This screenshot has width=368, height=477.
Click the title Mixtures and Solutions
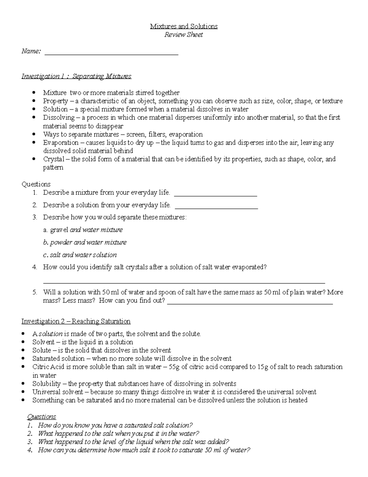click(184, 26)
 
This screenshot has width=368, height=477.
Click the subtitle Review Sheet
click(183, 35)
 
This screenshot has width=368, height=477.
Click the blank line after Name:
click(112, 54)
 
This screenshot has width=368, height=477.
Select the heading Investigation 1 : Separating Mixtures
click(76, 76)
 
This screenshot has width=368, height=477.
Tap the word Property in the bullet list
click(56, 101)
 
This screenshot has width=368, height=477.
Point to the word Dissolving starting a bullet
click(59, 118)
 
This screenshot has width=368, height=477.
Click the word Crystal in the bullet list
click(54, 159)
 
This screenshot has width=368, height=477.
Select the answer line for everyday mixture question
click(215, 195)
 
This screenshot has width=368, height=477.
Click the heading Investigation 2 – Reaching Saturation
click(76, 321)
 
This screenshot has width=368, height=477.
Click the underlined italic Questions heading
click(42, 417)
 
